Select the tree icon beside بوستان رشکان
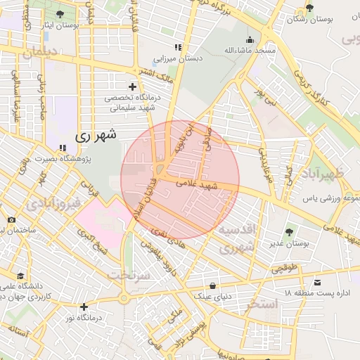(x=309, y=8)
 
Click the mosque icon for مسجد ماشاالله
(x=250, y=40)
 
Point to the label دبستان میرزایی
(x=181, y=58)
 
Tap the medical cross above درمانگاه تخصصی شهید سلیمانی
(x=131, y=86)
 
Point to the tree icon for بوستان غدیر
(x=290, y=231)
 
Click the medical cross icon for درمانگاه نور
(x=84, y=307)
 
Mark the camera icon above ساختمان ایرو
(x=11, y=220)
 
